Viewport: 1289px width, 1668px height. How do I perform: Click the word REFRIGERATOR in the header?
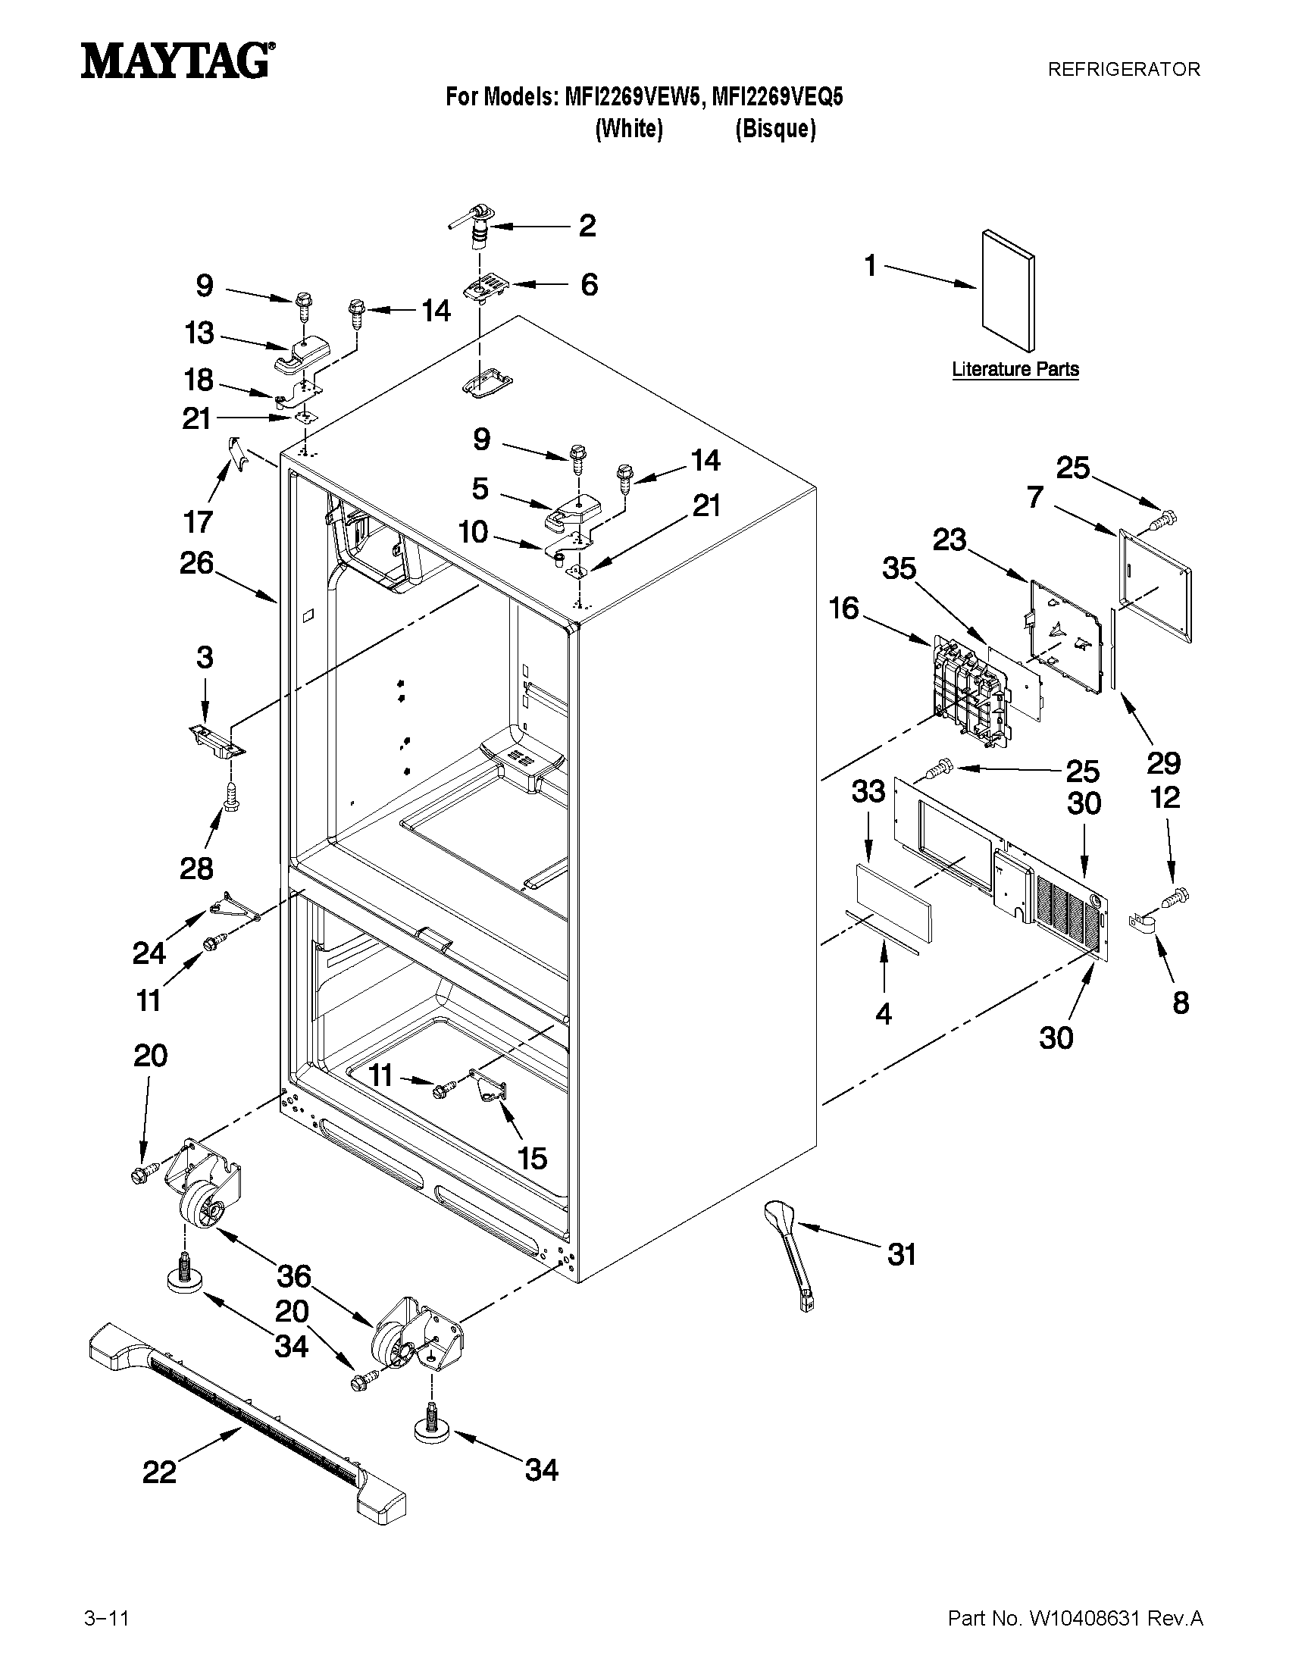(x=1123, y=70)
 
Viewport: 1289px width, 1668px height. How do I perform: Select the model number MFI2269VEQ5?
(x=777, y=97)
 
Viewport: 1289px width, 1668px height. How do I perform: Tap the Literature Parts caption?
(x=1015, y=369)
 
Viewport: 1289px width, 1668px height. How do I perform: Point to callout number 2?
(x=587, y=225)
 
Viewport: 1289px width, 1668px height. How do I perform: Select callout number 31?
(x=901, y=1254)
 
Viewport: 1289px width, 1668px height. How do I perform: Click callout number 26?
(x=196, y=564)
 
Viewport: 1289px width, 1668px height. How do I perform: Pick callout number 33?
(x=868, y=792)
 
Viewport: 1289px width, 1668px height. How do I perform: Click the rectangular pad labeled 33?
(x=892, y=903)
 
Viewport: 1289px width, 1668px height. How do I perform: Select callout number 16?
(x=844, y=609)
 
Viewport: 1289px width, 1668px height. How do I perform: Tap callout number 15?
(x=532, y=1158)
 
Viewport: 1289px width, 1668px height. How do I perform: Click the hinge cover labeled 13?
(x=302, y=355)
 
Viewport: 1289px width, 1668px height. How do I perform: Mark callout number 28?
(x=196, y=868)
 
